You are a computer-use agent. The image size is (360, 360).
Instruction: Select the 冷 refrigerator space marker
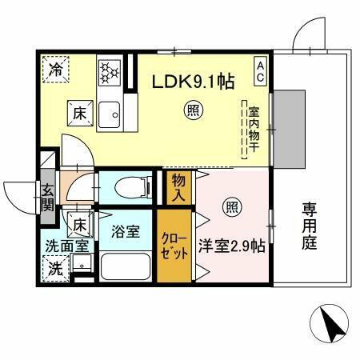(x=55, y=69)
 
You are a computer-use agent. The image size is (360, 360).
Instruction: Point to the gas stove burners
(x=109, y=71)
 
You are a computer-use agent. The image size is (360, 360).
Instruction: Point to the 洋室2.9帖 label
(x=232, y=246)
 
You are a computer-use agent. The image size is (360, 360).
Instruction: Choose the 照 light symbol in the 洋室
(x=231, y=204)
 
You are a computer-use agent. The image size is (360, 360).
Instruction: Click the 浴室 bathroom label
(x=126, y=233)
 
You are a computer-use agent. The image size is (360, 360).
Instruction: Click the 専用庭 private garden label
(x=310, y=226)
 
